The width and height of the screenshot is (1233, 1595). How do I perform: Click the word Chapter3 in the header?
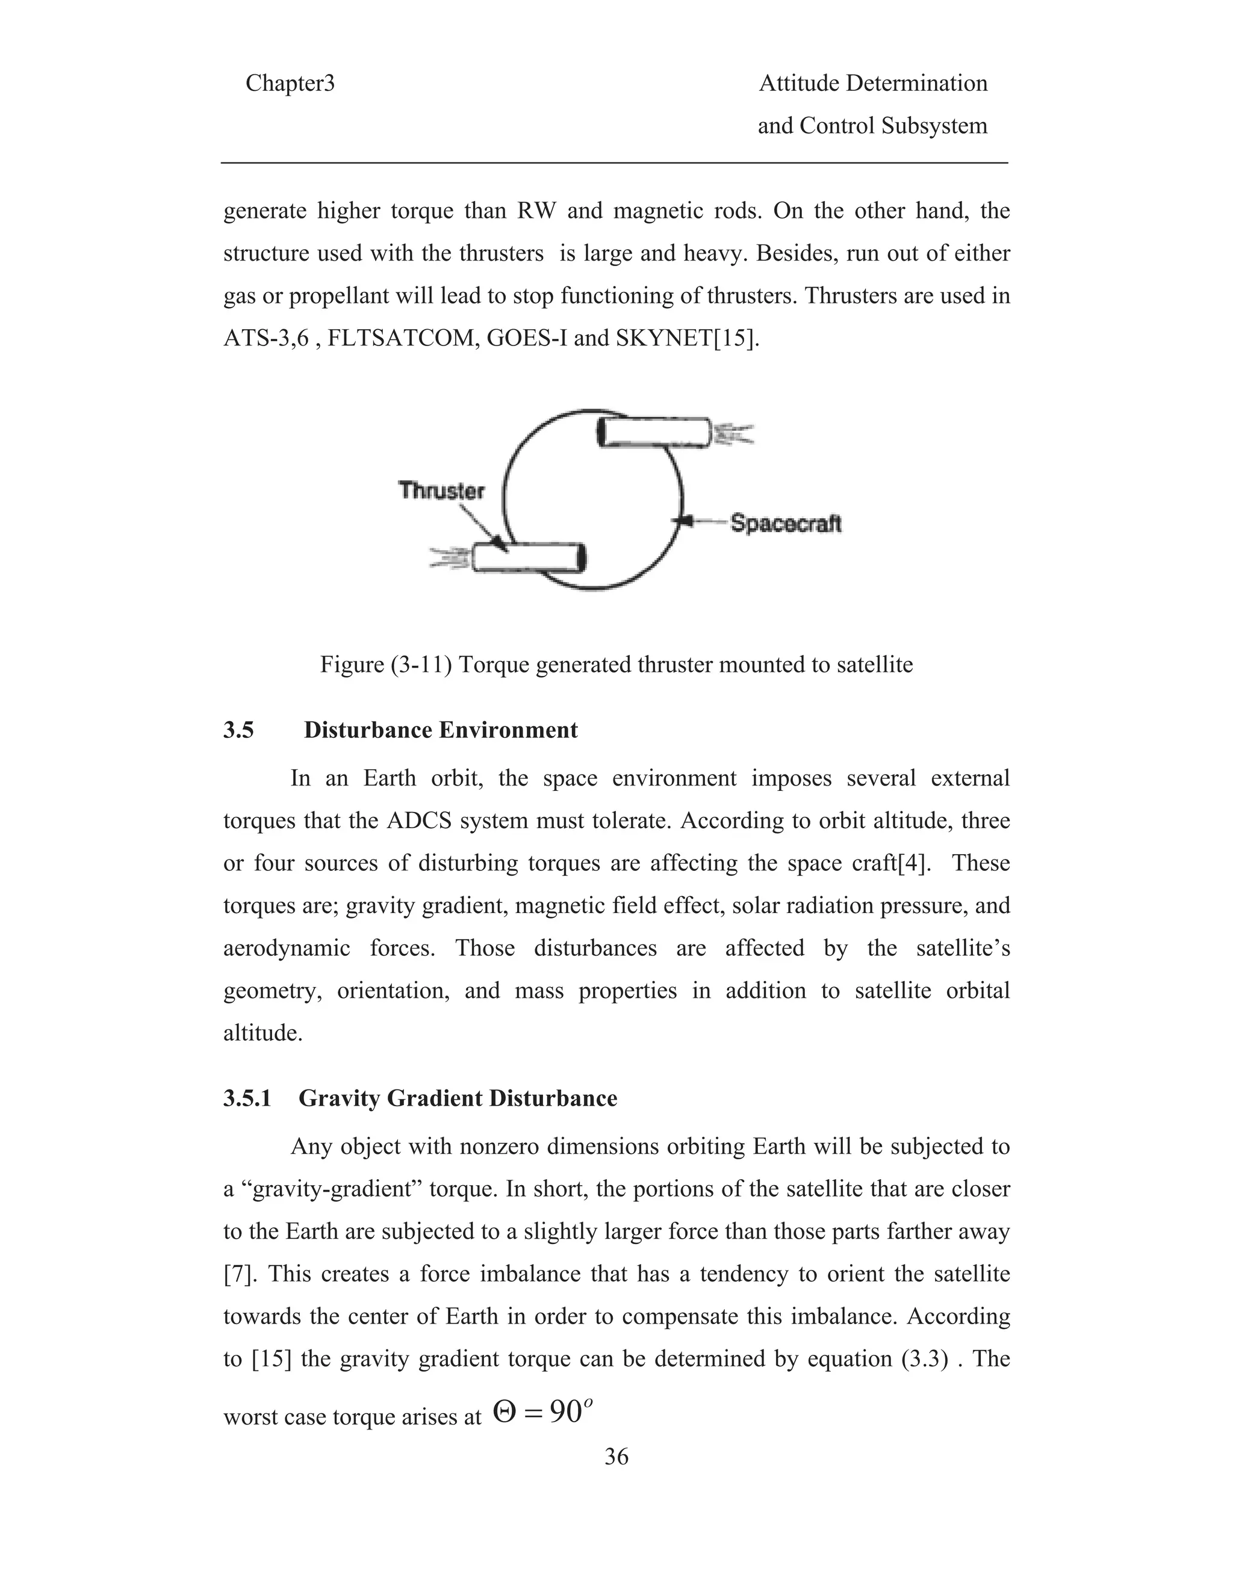point(290,84)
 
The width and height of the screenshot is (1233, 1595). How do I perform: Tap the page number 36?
point(616,1472)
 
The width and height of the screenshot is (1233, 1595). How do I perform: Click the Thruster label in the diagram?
point(441,490)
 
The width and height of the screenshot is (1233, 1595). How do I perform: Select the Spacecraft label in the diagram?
point(786,524)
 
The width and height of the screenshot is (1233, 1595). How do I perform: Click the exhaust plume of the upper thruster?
point(733,435)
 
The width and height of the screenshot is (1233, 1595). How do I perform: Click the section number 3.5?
point(239,730)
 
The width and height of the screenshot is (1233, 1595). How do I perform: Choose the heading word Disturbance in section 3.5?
point(370,730)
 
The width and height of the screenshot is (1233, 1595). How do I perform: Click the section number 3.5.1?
point(247,1098)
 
